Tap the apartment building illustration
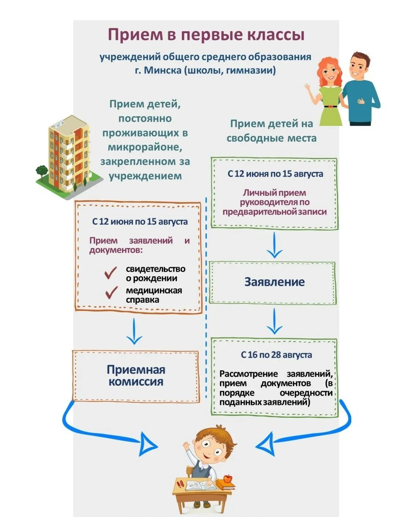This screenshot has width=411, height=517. [x=69, y=154]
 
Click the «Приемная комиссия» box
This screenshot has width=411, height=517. [x=136, y=376]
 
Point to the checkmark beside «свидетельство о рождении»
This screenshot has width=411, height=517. [x=111, y=272]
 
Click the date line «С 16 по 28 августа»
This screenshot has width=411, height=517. [x=276, y=355]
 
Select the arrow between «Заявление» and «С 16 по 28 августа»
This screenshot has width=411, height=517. [x=274, y=321]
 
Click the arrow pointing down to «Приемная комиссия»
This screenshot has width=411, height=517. [x=134, y=332]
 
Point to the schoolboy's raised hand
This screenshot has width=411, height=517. [x=186, y=447]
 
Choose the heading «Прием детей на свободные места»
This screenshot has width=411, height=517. [x=271, y=131]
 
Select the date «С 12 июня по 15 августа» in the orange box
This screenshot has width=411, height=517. [x=140, y=222]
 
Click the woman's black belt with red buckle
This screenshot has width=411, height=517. [x=330, y=107]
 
